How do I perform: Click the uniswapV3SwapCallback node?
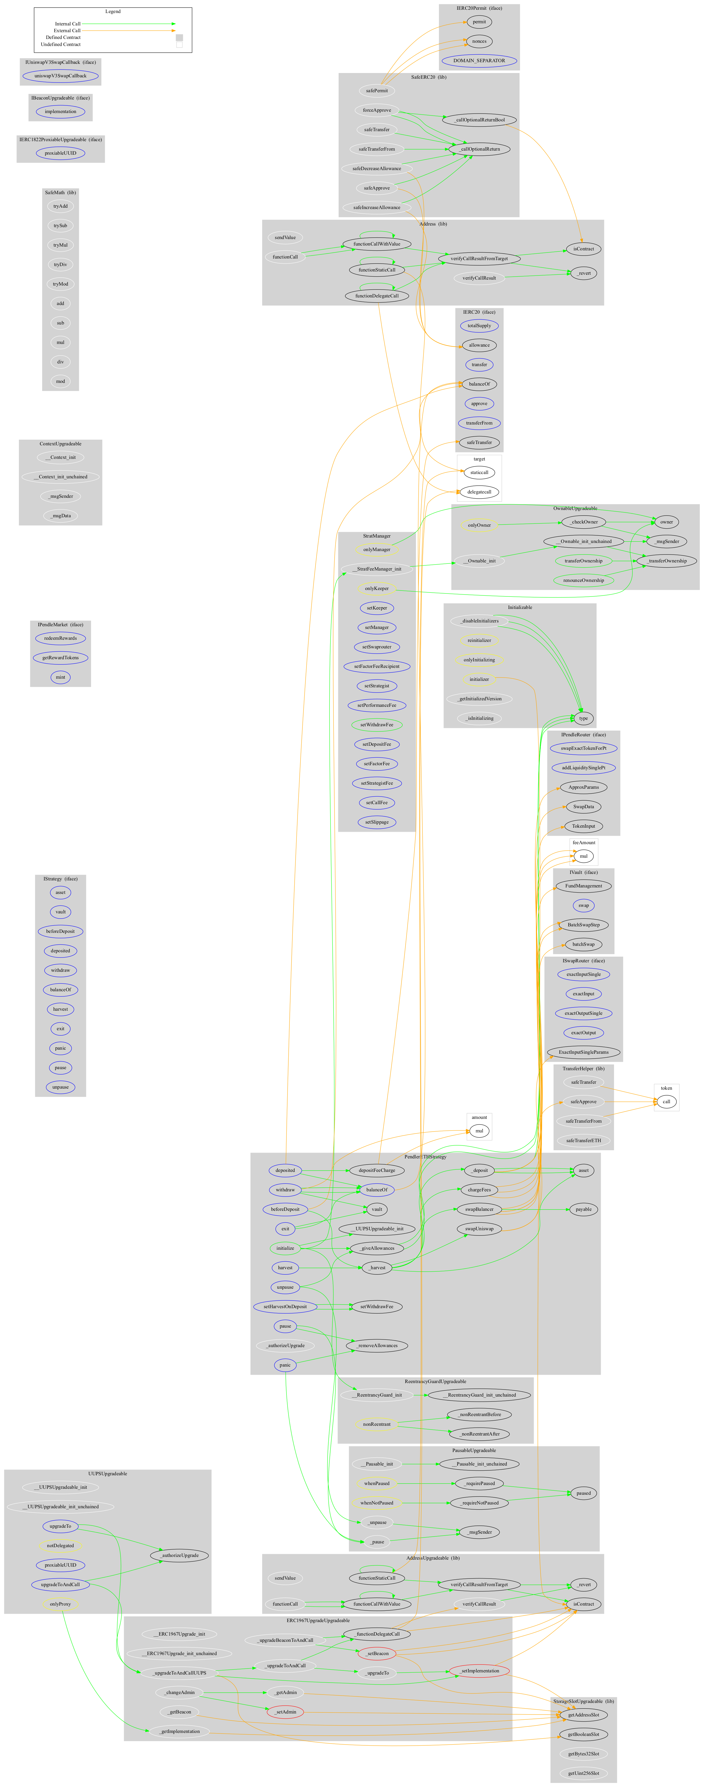[x=60, y=76]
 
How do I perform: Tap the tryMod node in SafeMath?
[x=60, y=284]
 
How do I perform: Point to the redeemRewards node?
[x=60, y=638]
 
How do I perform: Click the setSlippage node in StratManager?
[x=377, y=822]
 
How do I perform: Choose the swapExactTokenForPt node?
[x=583, y=748]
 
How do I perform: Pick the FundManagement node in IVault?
[x=583, y=886]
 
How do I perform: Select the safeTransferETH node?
[x=583, y=1141]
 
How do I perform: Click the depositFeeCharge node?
[x=377, y=1170]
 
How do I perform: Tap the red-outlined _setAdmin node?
[x=286, y=1712]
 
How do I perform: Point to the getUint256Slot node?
[x=583, y=1773]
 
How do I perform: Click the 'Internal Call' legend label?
[x=68, y=24]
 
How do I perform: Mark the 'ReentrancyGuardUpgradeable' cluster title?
[x=436, y=1381]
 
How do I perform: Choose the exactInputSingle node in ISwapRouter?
[x=583, y=975]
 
